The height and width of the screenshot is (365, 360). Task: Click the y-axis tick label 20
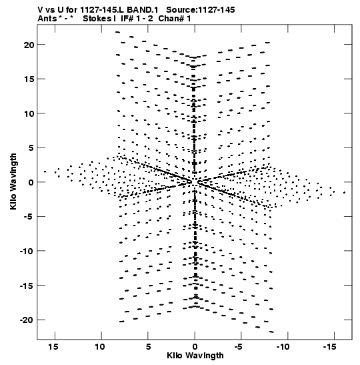(x=29, y=45)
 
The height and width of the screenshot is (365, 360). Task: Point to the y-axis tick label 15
(x=29, y=79)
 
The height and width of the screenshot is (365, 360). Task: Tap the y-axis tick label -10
(x=27, y=251)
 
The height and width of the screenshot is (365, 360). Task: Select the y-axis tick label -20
(x=27, y=320)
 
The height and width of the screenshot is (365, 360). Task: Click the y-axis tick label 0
(x=31, y=183)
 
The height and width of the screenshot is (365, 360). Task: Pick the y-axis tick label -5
(x=29, y=217)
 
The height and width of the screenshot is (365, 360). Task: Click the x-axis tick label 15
(x=53, y=346)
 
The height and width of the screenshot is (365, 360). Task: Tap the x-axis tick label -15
(x=330, y=346)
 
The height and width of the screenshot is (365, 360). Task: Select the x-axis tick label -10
(x=283, y=346)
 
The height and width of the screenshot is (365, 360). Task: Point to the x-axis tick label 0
(x=195, y=347)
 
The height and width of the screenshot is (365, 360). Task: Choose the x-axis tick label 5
(x=148, y=346)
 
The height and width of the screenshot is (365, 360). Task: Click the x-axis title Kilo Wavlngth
(x=195, y=356)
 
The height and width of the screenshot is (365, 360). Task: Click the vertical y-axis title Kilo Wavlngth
(x=13, y=181)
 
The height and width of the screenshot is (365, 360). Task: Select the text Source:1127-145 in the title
(x=201, y=10)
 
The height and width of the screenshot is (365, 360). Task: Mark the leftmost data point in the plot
(x=45, y=171)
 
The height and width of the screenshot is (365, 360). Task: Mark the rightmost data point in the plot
(x=344, y=193)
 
